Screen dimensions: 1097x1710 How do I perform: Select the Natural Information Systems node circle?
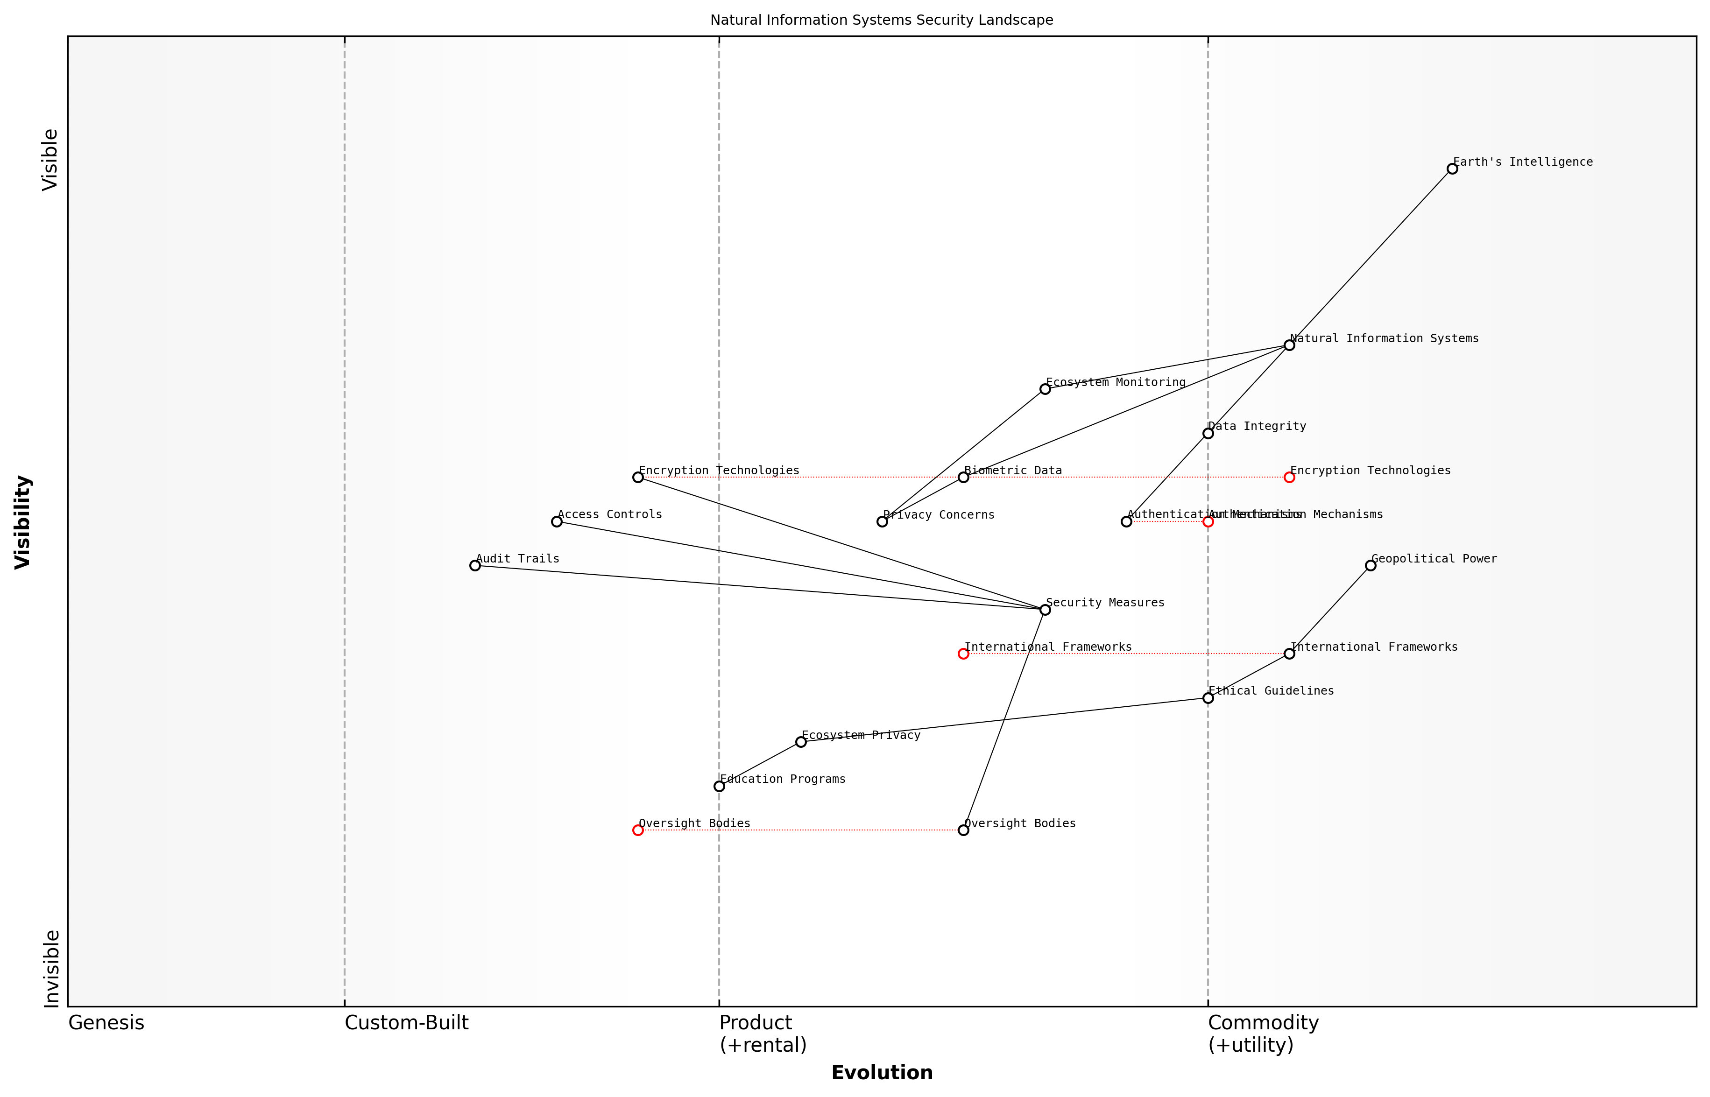[1289, 345]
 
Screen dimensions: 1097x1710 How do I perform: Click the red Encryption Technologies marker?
[1289, 477]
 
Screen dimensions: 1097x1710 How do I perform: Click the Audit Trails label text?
[517, 559]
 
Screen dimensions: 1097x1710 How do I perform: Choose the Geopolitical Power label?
[1434, 559]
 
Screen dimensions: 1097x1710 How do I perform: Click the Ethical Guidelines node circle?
[1208, 698]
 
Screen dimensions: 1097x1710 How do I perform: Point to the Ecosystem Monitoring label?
[1115, 382]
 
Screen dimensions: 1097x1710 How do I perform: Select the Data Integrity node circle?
[1208, 433]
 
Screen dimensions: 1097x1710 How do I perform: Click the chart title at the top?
[881, 20]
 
